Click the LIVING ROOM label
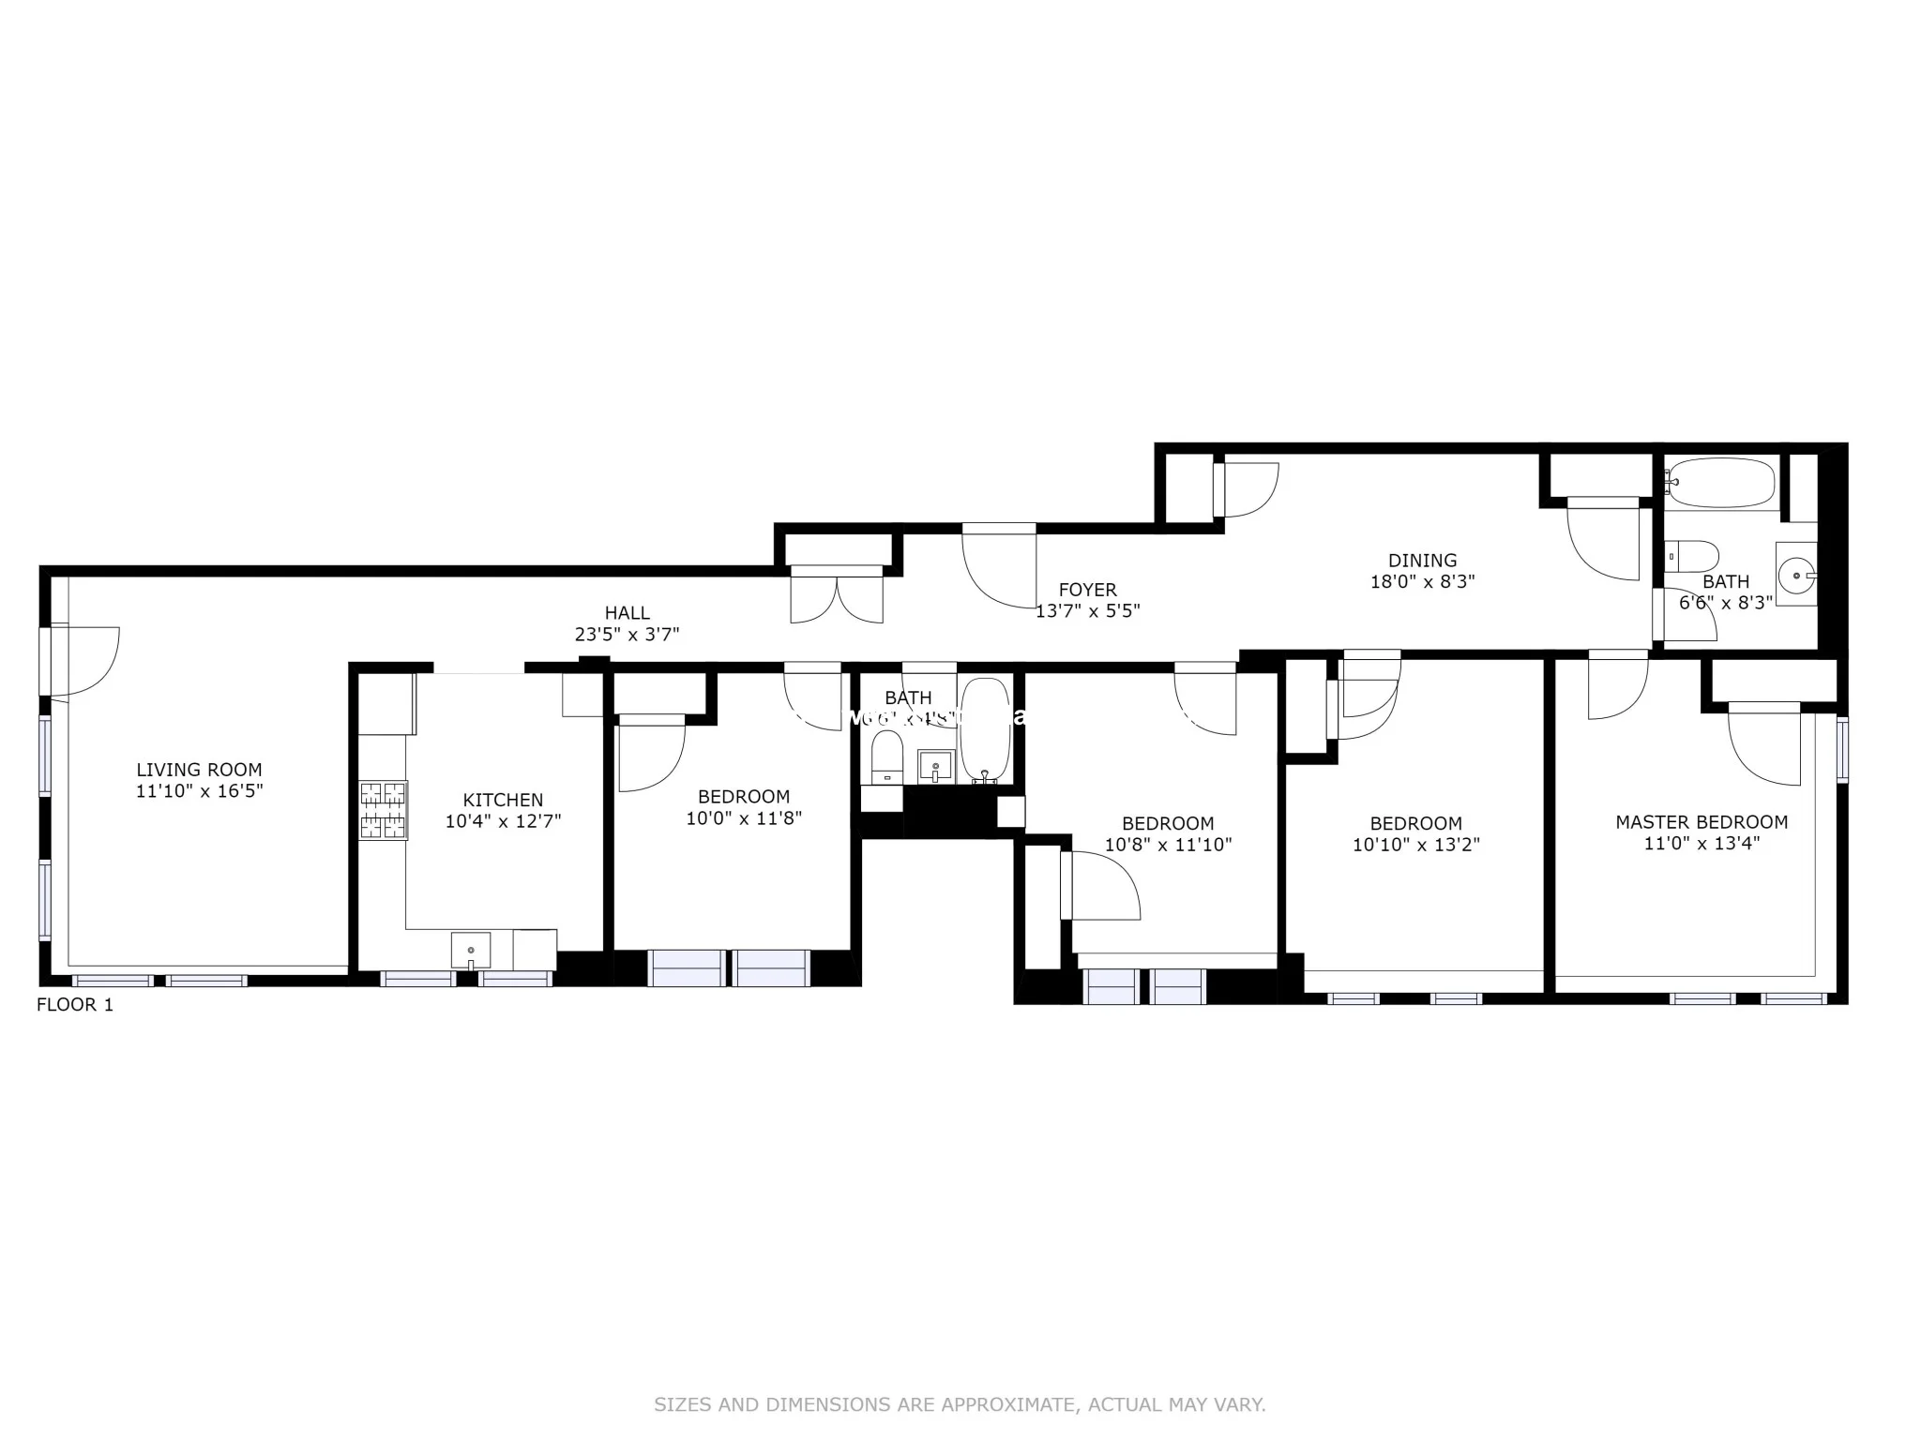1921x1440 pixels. pos(199,770)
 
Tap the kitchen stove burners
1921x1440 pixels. pos(384,810)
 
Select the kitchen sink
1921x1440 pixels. pos(470,950)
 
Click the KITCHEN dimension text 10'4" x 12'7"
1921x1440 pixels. pos(503,821)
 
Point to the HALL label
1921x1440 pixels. pos(627,612)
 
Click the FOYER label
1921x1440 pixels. pos(1087,590)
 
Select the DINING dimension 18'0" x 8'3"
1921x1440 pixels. pos(1422,581)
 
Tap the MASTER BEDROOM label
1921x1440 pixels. pos(1701,822)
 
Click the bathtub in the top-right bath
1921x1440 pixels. pos(1722,482)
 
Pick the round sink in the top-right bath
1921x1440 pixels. pos(1796,573)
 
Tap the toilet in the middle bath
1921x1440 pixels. pos(886,757)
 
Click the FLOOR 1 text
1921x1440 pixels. pos(74,1005)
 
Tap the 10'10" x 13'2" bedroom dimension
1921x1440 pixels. pos(1415,845)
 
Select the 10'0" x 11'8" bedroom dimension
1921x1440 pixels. pos(743,818)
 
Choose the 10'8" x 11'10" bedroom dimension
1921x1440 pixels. pos(1167,845)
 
